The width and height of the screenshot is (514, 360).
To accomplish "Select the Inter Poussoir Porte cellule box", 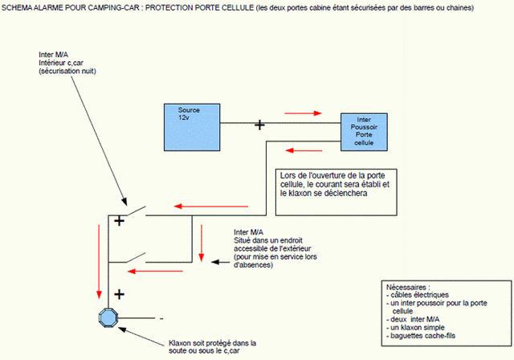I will (369, 131).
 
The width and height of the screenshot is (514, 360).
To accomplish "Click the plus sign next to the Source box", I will (259, 125).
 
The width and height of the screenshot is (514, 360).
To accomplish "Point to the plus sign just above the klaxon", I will (119, 294).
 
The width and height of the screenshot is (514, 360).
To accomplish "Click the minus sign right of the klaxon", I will (161, 317).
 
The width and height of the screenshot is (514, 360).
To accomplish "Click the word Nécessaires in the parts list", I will (408, 287).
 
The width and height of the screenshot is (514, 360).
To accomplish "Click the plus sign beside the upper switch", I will (119, 221).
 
